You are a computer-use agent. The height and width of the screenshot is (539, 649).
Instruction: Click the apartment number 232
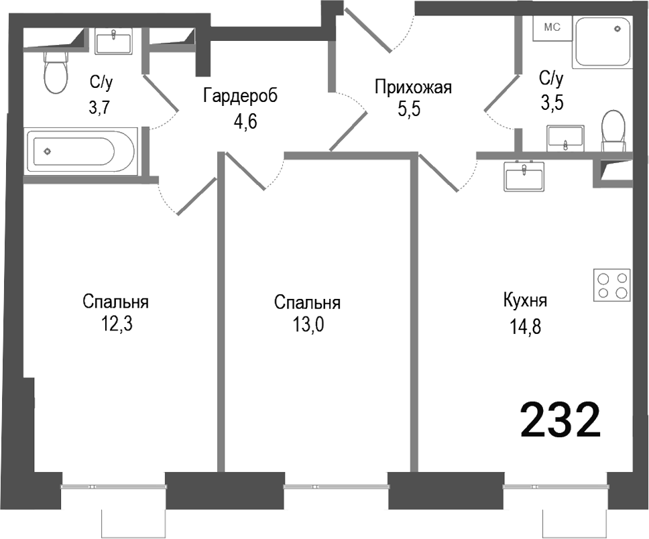(x=560, y=420)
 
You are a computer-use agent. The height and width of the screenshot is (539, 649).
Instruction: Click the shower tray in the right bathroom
(x=603, y=41)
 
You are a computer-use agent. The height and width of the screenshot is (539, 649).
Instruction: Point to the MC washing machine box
(x=552, y=28)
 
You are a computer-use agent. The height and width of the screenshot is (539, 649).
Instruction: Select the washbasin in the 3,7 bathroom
(x=114, y=42)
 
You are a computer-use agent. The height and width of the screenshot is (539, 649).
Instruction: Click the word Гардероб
(x=239, y=97)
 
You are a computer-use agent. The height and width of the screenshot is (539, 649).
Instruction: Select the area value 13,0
(x=307, y=325)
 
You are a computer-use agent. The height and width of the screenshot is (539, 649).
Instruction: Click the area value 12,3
(x=115, y=324)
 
